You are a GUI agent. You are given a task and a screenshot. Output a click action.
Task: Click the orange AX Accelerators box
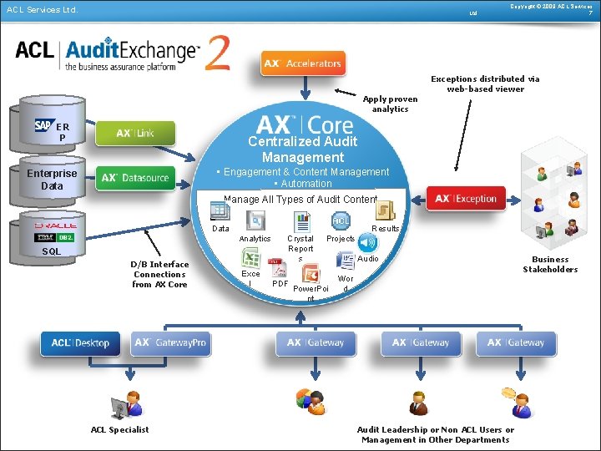(302, 63)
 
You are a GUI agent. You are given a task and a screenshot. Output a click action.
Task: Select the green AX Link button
(135, 133)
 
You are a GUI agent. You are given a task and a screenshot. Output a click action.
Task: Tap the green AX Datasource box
(135, 177)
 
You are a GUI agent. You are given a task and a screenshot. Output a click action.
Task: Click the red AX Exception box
(466, 199)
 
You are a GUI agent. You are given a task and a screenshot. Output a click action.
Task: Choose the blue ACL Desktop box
(80, 342)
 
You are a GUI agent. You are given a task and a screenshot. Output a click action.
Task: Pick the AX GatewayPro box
(172, 342)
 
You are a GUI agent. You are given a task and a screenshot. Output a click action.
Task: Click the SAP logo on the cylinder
(43, 125)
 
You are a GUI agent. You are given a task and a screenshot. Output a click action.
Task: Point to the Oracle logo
(55, 225)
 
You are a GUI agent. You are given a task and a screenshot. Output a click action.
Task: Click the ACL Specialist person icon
(127, 404)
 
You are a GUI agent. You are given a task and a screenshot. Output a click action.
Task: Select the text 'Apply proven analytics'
(390, 104)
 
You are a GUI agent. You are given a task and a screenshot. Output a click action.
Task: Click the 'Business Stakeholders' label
(550, 264)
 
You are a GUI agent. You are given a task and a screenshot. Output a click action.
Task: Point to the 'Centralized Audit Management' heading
(302, 149)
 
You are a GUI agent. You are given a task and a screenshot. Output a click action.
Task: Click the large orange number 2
(219, 53)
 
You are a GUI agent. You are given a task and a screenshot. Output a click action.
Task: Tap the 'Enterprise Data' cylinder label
(52, 179)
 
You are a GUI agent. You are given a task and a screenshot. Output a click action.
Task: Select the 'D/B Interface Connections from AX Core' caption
(160, 274)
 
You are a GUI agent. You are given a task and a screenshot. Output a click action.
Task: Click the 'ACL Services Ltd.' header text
(42, 10)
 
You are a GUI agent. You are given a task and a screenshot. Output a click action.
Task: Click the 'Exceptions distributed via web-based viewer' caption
(485, 84)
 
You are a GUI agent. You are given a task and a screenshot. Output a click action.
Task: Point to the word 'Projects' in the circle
(341, 239)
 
